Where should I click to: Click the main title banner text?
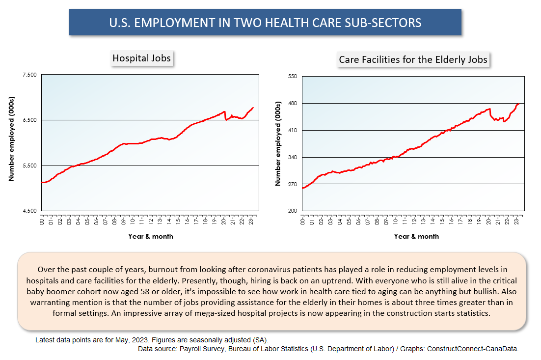point(265,23)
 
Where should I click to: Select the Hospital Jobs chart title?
point(141,58)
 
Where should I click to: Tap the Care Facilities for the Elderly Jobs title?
point(413,59)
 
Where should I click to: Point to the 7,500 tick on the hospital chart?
point(29,75)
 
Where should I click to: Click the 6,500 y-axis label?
point(29,120)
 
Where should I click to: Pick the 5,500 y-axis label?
point(29,166)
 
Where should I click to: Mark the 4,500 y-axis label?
point(29,211)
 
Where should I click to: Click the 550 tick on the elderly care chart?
point(293,76)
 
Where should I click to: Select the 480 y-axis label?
point(293,103)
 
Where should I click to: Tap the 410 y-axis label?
point(293,130)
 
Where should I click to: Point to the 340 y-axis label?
point(293,157)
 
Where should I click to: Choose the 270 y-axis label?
point(293,184)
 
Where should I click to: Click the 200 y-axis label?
point(293,211)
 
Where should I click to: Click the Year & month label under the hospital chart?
point(150,236)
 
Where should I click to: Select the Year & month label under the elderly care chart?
point(416,236)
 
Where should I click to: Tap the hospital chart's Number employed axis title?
point(11,139)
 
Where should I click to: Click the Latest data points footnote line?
point(152,340)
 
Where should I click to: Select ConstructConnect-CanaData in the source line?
point(473,349)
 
